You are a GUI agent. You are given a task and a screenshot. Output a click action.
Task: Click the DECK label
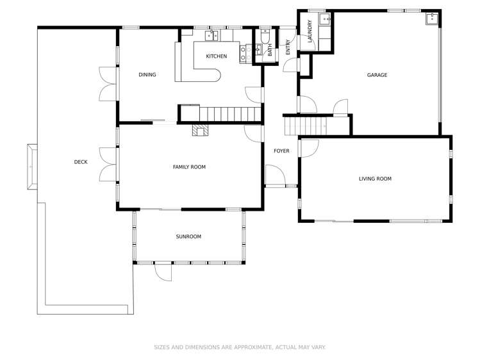(81, 162)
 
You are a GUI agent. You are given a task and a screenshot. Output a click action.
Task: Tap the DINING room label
(147, 75)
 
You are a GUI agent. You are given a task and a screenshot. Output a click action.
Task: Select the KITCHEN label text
(217, 56)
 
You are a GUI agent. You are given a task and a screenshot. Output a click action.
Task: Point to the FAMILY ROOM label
(189, 167)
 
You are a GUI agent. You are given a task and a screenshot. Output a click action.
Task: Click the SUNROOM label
(188, 237)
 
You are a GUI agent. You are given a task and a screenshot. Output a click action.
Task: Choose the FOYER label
(281, 151)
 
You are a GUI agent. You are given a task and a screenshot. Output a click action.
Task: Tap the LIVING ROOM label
(375, 179)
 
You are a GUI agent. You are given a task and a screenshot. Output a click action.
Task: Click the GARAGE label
(377, 75)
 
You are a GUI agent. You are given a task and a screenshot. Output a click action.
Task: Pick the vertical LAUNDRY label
(310, 31)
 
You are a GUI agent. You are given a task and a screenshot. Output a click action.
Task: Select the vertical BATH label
(270, 50)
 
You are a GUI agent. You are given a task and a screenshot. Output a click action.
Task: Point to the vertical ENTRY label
(288, 47)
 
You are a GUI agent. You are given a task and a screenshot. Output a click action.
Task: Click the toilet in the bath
(265, 36)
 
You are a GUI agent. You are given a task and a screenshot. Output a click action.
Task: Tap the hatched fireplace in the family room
(201, 130)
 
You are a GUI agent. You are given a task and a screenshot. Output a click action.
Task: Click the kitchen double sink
(211, 35)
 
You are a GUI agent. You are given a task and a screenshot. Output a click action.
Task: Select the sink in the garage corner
(432, 19)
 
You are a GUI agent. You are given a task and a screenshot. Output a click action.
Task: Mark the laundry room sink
(324, 19)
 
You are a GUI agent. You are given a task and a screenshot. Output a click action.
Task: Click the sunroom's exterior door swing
(163, 272)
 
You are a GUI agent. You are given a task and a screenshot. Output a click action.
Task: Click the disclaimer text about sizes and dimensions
(240, 347)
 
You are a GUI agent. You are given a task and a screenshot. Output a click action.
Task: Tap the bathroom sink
(259, 49)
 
